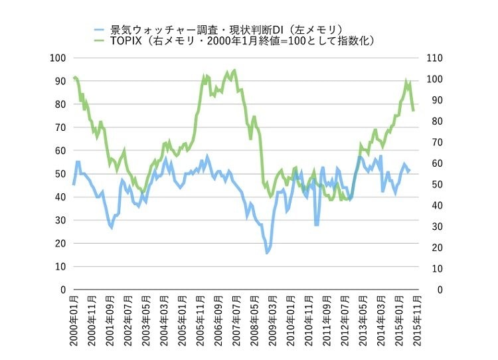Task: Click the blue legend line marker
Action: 99,29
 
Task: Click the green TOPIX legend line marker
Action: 99,41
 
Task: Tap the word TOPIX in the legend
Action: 128,41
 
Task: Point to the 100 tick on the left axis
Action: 58,58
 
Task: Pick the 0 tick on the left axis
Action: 62,290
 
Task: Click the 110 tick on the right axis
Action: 434,58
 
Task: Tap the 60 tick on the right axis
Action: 432,163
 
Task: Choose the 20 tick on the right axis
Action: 432,248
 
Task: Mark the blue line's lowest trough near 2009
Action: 268,253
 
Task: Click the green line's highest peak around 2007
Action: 234,70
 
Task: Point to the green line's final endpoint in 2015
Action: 414,110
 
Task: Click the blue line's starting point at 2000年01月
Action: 74,184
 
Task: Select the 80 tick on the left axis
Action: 60,104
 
